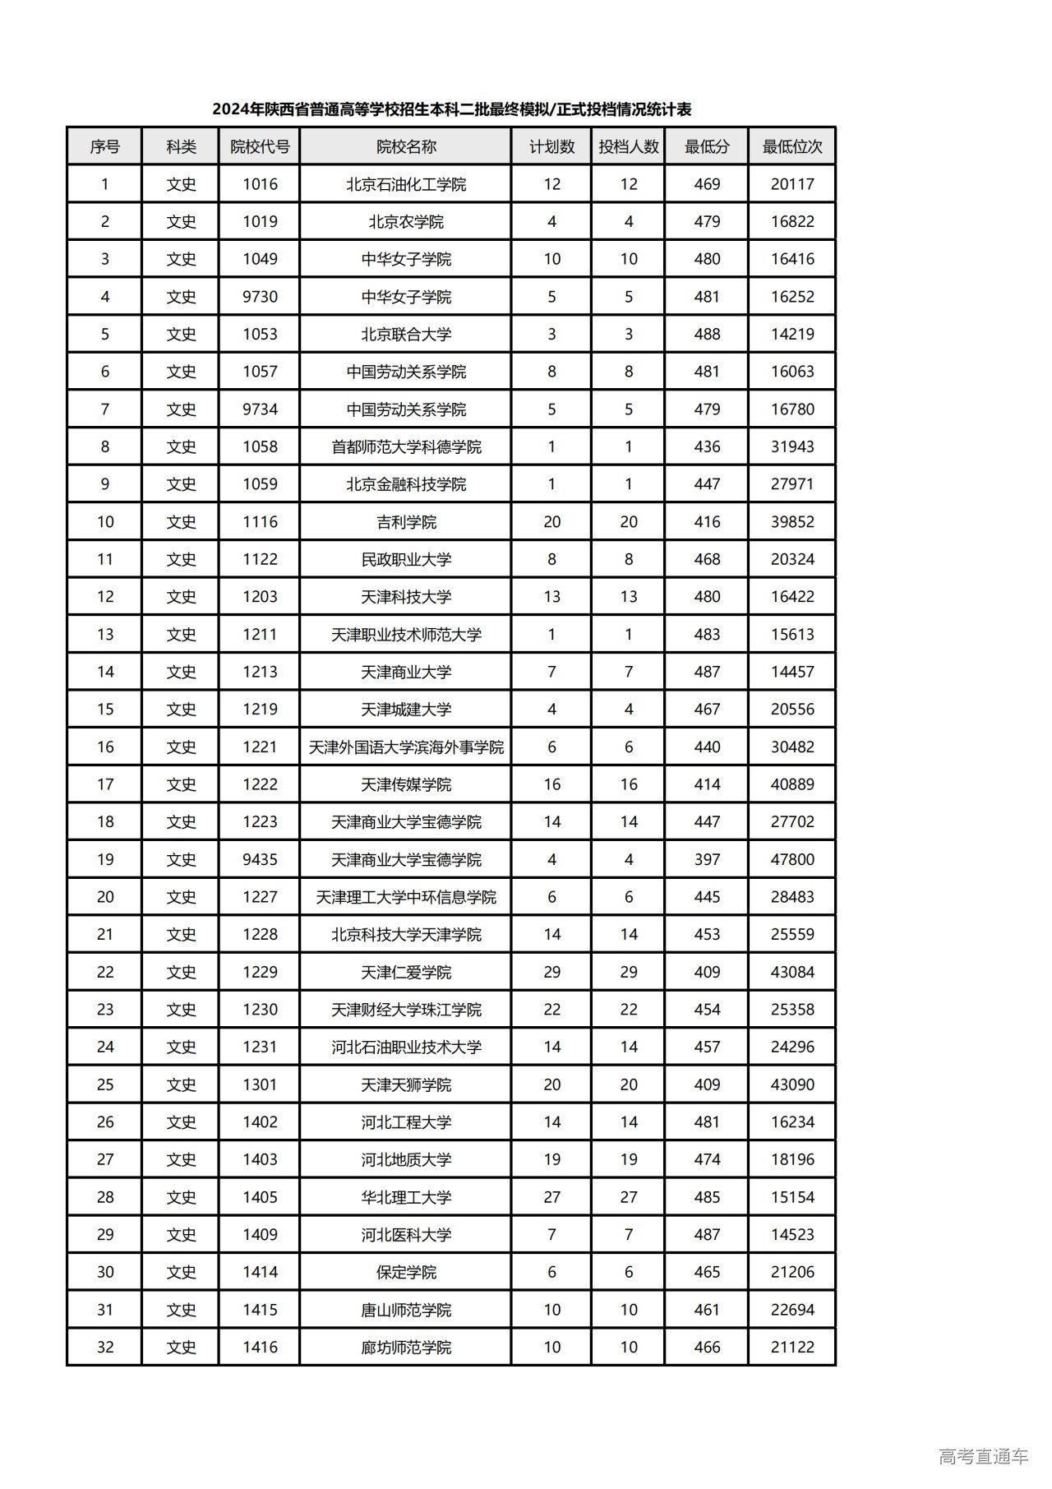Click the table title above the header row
tap(451, 109)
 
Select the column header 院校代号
tap(260, 146)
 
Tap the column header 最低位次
tap(791, 146)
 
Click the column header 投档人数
tap(628, 146)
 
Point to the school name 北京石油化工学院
tap(406, 184)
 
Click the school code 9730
tap(260, 297)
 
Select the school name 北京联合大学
tap(406, 335)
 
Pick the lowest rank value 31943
tap(791, 447)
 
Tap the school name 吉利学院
tap(406, 522)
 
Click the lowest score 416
tap(707, 522)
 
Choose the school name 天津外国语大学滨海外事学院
tap(406, 747)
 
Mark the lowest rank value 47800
tap(791, 860)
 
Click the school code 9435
tap(260, 860)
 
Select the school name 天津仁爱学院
tap(406, 973)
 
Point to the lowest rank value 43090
tap(791, 1085)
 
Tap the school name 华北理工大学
tap(406, 1198)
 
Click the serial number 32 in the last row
tap(105, 1348)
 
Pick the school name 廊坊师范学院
tap(406, 1348)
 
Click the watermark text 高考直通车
tap(983, 1457)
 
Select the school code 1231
tap(260, 1047)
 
